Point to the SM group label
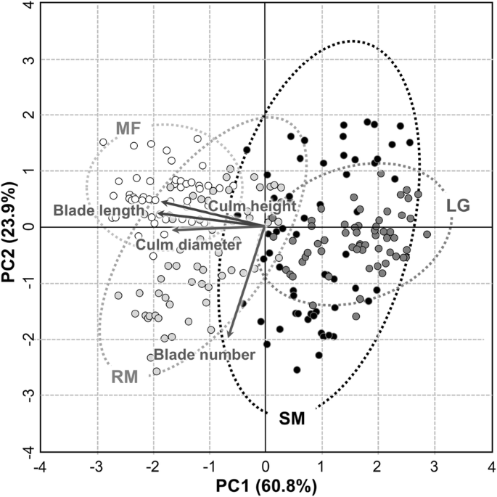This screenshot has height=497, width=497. pos(293,419)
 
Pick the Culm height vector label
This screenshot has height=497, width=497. pos(252,206)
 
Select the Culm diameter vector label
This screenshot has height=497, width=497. pos(188,245)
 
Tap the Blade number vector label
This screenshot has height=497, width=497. pos(204,355)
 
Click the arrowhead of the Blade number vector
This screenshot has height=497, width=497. pos(229,335)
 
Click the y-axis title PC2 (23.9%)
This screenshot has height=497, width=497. pos(10,226)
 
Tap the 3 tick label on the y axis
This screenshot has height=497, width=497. pos(27,59)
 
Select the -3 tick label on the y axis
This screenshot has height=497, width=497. pos(25,395)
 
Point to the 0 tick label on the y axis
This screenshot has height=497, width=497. pos(27,227)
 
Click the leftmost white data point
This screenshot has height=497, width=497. pos(103,142)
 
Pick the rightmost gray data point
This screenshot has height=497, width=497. pos(427,234)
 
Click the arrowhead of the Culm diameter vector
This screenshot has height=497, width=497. pos(174,230)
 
